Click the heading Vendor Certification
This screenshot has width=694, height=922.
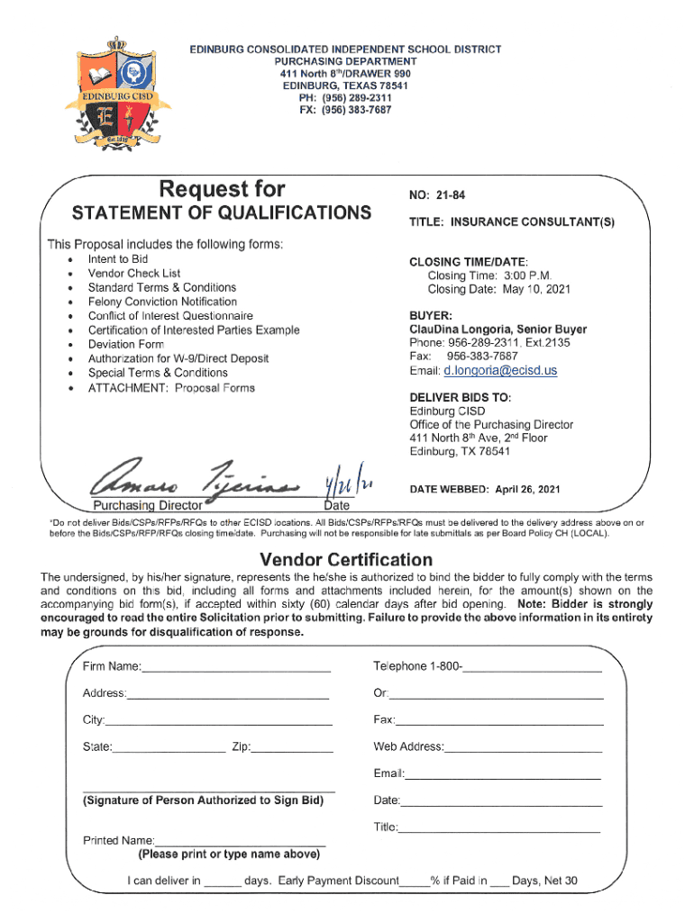tap(346, 559)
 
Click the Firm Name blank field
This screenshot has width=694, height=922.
tap(236, 666)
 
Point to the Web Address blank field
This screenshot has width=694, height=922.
tap(523, 746)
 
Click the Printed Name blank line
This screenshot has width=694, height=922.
tap(240, 840)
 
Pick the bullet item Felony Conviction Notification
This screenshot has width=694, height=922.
tap(162, 302)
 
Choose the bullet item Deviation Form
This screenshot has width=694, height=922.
tap(125, 345)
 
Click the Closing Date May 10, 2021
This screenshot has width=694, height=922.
tap(498, 289)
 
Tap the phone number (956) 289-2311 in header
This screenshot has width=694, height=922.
tap(345, 97)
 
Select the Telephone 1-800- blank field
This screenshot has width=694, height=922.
tap(532, 666)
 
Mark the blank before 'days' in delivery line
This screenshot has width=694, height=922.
tap(222, 881)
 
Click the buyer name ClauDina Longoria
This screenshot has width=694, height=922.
tap(447, 330)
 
